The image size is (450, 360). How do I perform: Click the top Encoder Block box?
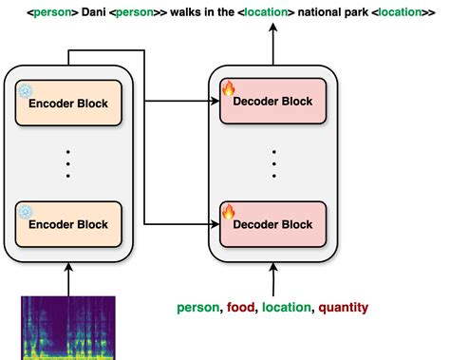pyautogui.click(x=68, y=103)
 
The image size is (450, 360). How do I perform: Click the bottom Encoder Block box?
pyautogui.click(x=68, y=223)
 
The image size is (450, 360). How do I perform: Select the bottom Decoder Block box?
pyautogui.click(x=273, y=223)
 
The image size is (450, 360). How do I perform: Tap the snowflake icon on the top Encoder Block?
pyautogui.click(x=25, y=91)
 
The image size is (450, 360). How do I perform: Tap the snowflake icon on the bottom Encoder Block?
pyautogui.click(x=25, y=211)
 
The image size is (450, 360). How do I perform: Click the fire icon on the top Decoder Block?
pyautogui.click(x=228, y=89)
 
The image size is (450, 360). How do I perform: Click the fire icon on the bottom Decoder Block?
pyautogui.click(x=228, y=211)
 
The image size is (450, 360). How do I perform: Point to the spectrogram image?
pyautogui.click(x=67, y=328)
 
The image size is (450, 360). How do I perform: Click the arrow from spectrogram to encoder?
pyautogui.click(x=68, y=280)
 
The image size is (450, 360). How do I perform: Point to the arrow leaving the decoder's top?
pyautogui.click(x=273, y=43)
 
